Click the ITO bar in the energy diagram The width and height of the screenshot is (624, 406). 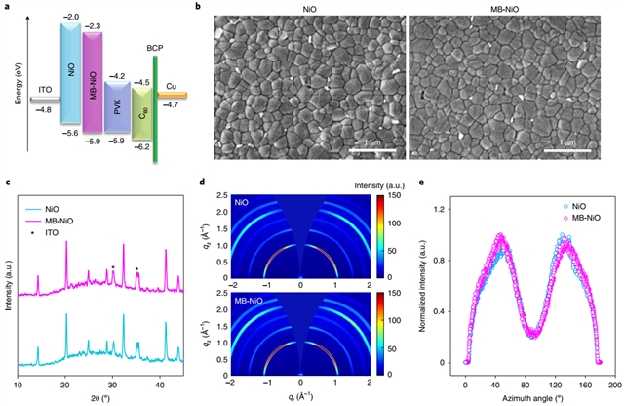pyautogui.click(x=44, y=100)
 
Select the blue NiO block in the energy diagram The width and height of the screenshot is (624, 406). pyautogui.click(x=70, y=73)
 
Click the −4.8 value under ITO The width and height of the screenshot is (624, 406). pyautogui.click(x=43, y=110)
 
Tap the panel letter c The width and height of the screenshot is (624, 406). pyautogui.click(x=8, y=183)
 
